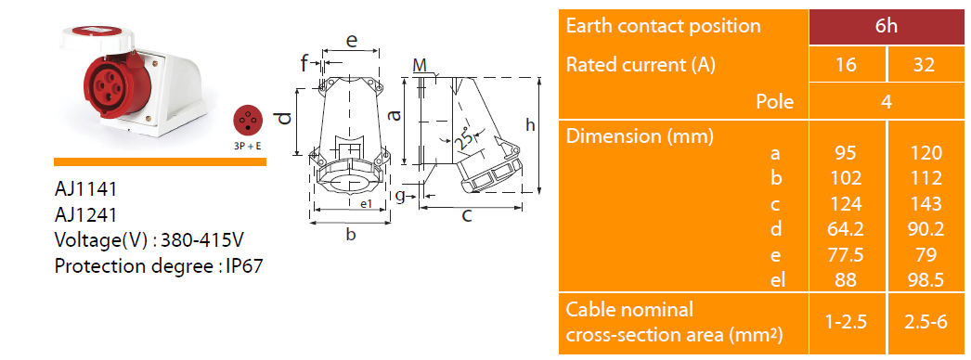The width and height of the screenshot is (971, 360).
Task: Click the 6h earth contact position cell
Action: pyautogui.click(x=887, y=27)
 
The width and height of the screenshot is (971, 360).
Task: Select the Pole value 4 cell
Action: pyautogui.click(x=887, y=101)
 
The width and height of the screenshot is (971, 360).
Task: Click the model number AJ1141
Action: pyautogui.click(x=85, y=188)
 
